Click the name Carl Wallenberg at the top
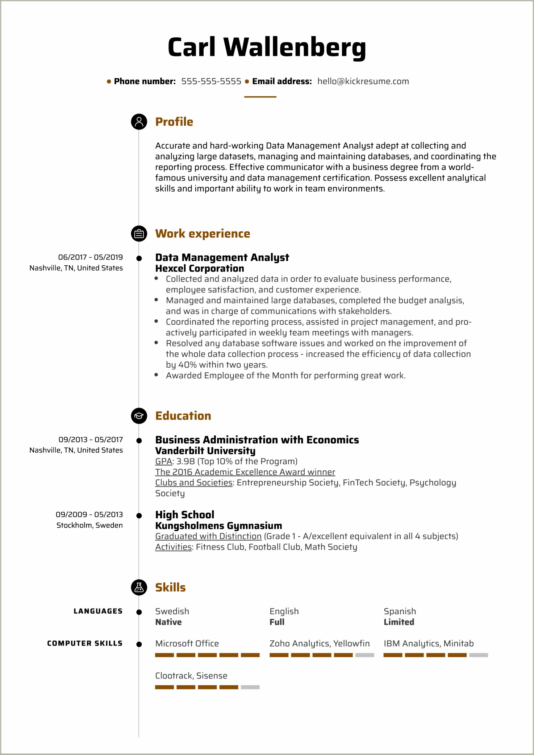[x=267, y=47]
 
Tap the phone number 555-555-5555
[x=211, y=82]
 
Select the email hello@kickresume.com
[x=363, y=82]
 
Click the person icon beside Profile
[x=139, y=122]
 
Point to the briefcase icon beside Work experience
[x=139, y=234]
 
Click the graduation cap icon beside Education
[x=139, y=416]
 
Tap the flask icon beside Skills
[x=139, y=588]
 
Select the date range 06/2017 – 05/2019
[x=91, y=257]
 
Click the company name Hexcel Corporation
[x=200, y=269]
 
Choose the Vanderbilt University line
[x=205, y=451]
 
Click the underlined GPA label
[x=163, y=461]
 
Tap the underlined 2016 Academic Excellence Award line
[x=245, y=472]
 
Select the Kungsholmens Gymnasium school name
[x=218, y=526]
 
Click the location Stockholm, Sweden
[x=89, y=526]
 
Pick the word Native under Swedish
[x=168, y=622]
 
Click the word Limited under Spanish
[x=399, y=622]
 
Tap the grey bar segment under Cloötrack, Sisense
[x=250, y=687]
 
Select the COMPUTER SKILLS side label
[x=85, y=643]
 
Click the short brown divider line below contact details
[x=260, y=97]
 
